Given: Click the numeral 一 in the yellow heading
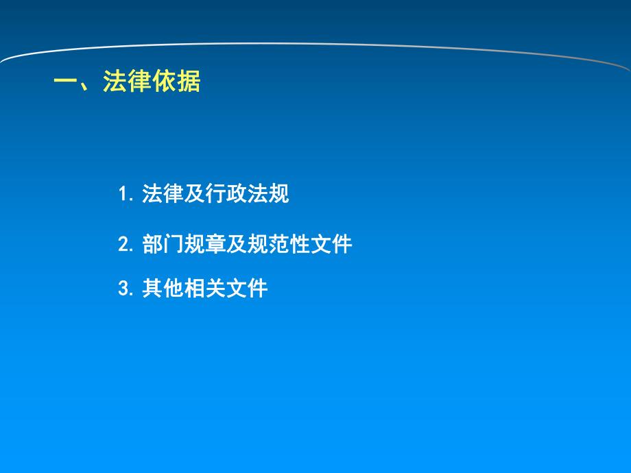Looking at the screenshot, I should pos(66,82).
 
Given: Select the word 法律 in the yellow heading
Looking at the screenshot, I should pos(128,82).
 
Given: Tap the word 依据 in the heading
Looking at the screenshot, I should pos(176,82).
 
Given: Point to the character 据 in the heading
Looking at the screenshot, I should pos(189,82).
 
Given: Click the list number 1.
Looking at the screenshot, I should pos(123,195).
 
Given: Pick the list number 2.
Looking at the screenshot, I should pos(123,245).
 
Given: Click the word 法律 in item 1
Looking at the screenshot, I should pos(163,194).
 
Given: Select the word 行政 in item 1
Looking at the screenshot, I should pos(226,194).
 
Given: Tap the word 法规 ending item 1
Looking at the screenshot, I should pos(268,194).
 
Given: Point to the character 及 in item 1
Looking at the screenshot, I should pos(195,194).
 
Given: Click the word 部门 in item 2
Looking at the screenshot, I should pos(163,244).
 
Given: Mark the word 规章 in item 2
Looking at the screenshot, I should pos(205,244).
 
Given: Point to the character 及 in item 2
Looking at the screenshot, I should pos(237,244).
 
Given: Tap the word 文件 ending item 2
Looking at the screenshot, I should pos(331,244).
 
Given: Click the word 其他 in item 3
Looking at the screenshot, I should pos(163,289).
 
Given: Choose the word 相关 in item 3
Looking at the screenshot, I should pos(205,289).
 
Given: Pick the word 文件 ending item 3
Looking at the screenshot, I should pos(247,289).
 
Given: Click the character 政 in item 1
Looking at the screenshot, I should pos(237,194).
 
